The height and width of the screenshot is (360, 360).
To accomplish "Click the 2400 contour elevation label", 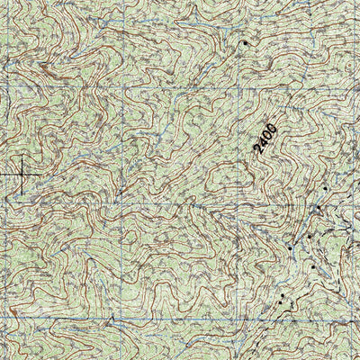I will [x=266, y=139].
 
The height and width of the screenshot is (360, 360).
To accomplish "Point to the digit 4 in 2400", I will [x=264, y=143].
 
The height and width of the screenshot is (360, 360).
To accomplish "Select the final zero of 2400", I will [x=272, y=127].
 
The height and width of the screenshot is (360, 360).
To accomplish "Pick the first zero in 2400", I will [x=268, y=135].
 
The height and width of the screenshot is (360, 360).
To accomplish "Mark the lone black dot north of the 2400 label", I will [x=244, y=42].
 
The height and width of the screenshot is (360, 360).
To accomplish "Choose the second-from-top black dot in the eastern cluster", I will [x=318, y=208].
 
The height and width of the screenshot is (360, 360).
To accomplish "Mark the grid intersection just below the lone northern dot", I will [x=241, y=88].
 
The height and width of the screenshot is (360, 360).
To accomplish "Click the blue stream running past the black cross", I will [x=36, y=180].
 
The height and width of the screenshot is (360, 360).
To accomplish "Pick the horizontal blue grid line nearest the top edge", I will [x=180, y=88].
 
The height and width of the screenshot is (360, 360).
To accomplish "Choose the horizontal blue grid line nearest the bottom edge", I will [x=180, y=319].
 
